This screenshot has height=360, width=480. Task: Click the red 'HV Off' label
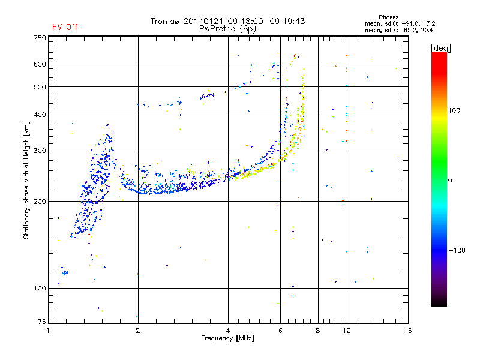pyautogui.click(x=64, y=27)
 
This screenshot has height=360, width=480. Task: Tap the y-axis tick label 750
pyautogui.click(x=39, y=38)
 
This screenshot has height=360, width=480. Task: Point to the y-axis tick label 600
pyautogui.click(x=39, y=64)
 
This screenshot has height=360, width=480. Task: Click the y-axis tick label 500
pyautogui.click(x=39, y=87)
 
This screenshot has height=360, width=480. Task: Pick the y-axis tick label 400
pyautogui.click(x=39, y=115)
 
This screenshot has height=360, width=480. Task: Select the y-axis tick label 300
pyautogui.click(x=39, y=151)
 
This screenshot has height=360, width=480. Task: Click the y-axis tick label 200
pyautogui.click(x=39, y=202)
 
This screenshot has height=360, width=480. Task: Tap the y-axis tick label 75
pyautogui.click(x=41, y=323)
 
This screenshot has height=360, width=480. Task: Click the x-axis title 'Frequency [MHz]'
pyautogui.click(x=227, y=338)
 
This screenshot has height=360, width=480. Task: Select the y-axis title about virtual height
pyautogui.click(x=26, y=180)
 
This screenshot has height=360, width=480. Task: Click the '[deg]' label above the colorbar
pyautogui.click(x=441, y=47)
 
